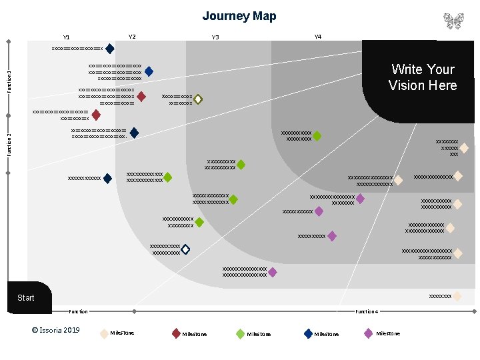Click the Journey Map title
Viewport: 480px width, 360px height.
(239, 16)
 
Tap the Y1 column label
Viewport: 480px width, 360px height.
(66, 37)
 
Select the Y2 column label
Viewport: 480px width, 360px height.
(132, 37)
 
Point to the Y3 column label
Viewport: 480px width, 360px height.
(215, 37)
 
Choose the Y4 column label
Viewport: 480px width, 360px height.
(317, 37)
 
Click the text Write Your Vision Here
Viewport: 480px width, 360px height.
(423, 77)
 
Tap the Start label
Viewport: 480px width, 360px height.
(26, 297)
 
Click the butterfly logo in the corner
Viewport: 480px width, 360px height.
(453, 21)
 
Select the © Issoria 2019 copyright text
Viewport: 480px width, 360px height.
(55, 330)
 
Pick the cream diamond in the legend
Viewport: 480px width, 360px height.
(103, 333)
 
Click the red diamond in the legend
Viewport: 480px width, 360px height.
(176, 333)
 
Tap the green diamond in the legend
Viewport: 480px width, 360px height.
(240, 333)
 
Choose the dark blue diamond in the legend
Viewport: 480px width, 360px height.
(308, 333)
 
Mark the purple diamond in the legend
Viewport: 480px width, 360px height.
(369, 333)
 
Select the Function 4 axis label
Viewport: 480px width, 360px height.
(367, 311)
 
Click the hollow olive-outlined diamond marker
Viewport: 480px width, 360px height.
(198, 99)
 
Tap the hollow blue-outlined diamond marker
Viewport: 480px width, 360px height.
(185, 249)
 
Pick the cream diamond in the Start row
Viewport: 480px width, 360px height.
(457, 296)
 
